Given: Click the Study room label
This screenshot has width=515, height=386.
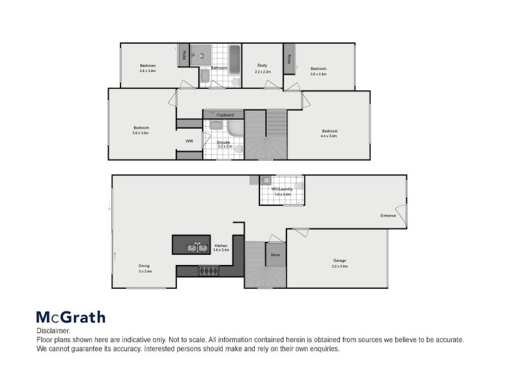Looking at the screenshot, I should [x=262, y=65].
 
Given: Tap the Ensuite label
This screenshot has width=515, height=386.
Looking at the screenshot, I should [x=224, y=142].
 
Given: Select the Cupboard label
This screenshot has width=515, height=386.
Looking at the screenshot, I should [x=225, y=115].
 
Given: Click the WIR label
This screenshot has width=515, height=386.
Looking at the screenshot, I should [x=189, y=141].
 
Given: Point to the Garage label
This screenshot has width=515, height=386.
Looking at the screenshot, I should [x=339, y=260].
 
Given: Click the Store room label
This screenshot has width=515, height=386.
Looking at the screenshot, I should [x=275, y=255].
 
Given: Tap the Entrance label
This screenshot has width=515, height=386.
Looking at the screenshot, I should [x=388, y=216].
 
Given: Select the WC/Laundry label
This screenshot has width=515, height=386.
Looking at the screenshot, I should [x=282, y=188].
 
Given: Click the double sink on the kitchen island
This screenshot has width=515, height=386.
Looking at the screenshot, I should [x=197, y=247].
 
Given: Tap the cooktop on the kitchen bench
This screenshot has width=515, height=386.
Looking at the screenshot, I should [x=207, y=270].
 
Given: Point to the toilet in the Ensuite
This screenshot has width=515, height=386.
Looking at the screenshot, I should [x=238, y=149].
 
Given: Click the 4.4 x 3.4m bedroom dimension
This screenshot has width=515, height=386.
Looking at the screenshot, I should [x=330, y=136].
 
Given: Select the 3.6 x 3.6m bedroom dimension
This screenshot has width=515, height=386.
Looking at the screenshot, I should [x=141, y=133].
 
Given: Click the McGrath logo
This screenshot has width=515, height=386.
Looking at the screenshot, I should [x=70, y=317].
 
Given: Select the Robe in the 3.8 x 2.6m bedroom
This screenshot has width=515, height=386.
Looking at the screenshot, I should [x=289, y=59].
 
